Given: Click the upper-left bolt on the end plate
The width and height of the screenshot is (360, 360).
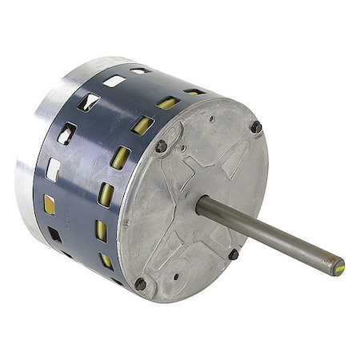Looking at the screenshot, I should point(161,146).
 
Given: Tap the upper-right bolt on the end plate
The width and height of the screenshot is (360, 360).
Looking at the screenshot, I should point(256,126).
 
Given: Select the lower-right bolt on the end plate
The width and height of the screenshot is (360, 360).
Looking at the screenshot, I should point(233,254).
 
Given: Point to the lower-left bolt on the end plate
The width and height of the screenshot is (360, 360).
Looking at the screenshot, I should point(141,283).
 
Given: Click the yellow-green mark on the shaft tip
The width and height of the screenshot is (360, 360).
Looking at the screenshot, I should point(338,266).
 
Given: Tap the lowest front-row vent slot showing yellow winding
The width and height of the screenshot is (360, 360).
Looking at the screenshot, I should point(106,261).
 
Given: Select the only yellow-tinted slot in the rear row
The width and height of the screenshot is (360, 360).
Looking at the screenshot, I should point(50,205).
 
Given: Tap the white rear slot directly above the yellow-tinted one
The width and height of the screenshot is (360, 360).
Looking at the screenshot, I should point(53,169).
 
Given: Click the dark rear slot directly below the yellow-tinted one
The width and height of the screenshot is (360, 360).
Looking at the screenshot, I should point(54,234).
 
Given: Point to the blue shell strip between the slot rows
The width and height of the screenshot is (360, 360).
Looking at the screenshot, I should point(84,184).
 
